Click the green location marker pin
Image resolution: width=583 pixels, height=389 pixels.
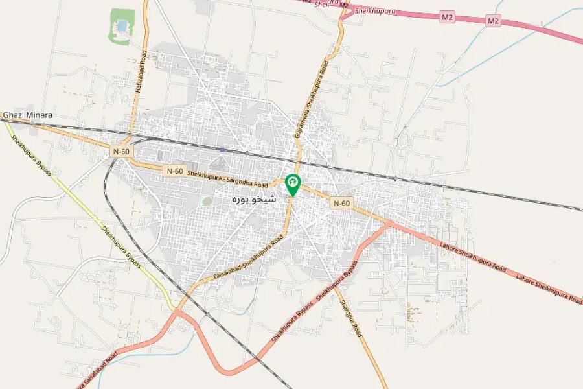pyautogui.click(x=293, y=184)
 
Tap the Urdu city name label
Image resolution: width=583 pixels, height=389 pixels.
pyautogui.click(x=254, y=199)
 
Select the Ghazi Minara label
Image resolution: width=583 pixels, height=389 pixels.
pyautogui.click(x=28, y=115)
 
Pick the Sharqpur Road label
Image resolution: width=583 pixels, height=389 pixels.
pyautogui.click(x=350, y=312)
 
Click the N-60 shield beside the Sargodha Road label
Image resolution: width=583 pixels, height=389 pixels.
pyautogui.click(x=174, y=171)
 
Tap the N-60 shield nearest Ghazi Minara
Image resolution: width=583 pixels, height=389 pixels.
pyautogui.click(x=121, y=151)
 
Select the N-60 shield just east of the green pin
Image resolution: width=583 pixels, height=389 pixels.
pyautogui.click(x=341, y=203)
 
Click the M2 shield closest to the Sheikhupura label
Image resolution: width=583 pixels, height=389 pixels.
pyautogui.click(x=447, y=18)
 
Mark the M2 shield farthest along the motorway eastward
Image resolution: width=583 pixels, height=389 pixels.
pyautogui.click(x=494, y=21)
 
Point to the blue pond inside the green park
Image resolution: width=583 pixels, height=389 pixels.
pyautogui.click(x=121, y=26)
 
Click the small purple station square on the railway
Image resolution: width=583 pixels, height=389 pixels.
pyautogui.click(x=222, y=149)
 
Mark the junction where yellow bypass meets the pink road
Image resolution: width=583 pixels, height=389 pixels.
pyautogui.click(x=177, y=311)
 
